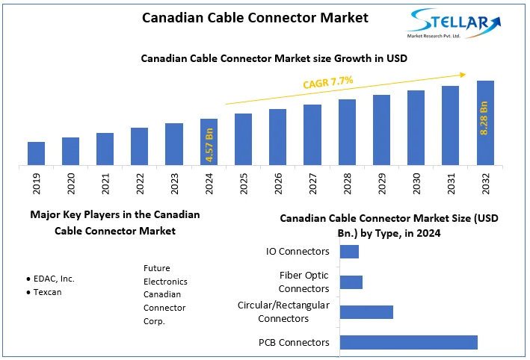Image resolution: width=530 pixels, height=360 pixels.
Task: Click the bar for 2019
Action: [x=36, y=153]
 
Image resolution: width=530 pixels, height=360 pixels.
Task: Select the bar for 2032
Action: [x=485, y=122]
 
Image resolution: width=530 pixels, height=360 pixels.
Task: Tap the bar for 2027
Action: [x=312, y=134]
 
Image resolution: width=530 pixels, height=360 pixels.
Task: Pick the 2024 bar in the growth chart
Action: [x=209, y=141]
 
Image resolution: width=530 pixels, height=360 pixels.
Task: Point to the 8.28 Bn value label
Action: [x=484, y=117]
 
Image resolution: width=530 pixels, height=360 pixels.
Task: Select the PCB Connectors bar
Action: [x=408, y=342]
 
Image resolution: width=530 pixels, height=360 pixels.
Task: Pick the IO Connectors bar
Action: [x=349, y=251]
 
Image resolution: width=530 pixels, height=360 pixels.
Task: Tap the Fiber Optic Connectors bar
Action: [x=351, y=282]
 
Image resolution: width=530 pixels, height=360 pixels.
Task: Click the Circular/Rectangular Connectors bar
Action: [x=366, y=312]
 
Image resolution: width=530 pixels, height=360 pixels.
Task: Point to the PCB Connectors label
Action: [x=294, y=342]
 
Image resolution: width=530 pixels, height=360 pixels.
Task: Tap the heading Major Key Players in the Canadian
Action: [x=114, y=214]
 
